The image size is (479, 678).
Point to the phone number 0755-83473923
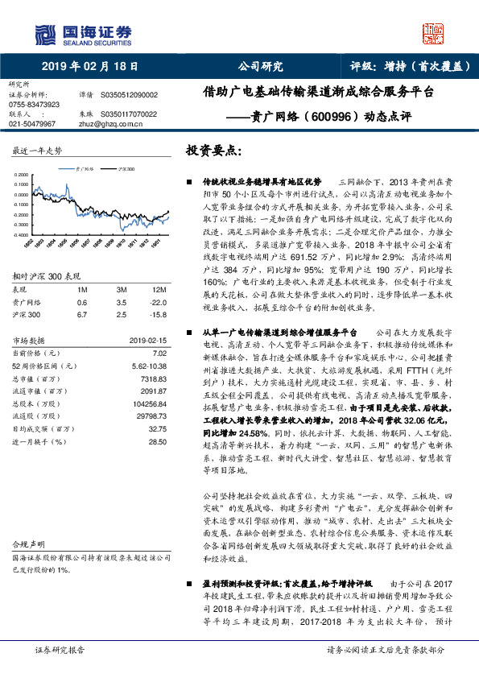point(35,105)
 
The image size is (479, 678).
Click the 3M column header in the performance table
point(122,289)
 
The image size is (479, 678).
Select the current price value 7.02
point(159,353)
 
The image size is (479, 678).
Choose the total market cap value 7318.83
point(153,378)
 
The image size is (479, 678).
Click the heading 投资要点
point(214,151)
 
